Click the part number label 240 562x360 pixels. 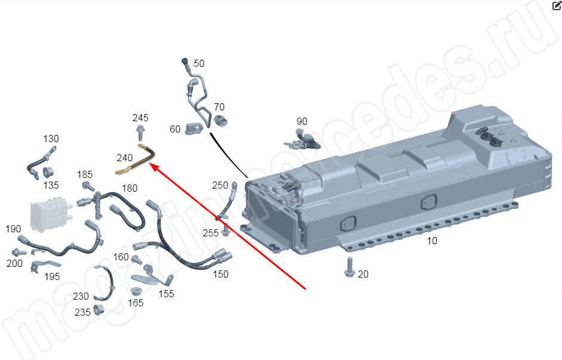click(x=125, y=158)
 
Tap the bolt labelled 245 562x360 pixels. click(x=140, y=132)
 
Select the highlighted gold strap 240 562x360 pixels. click(x=136, y=159)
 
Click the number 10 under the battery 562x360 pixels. click(x=432, y=241)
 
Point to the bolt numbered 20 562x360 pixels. click(x=349, y=267)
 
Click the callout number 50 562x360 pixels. click(x=199, y=63)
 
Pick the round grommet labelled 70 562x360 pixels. click(x=220, y=121)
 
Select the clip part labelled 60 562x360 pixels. click(x=194, y=128)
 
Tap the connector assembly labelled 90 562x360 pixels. click(x=302, y=140)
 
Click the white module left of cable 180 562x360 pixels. click(x=50, y=216)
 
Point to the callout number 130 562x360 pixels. click(x=51, y=139)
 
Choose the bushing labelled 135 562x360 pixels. click(x=48, y=172)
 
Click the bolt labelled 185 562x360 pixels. click(x=88, y=186)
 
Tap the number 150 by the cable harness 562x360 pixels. click(x=220, y=274)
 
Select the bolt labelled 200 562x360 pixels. click(x=19, y=252)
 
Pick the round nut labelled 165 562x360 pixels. click(x=136, y=291)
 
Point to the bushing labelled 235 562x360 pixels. click(x=99, y=309)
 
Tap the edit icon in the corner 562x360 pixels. click(x=557, y=5)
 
